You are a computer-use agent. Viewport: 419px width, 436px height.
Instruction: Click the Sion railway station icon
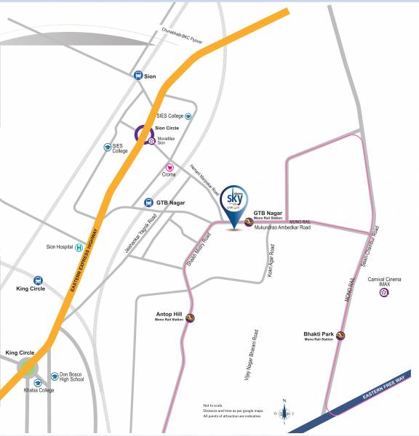(x=138, y=75)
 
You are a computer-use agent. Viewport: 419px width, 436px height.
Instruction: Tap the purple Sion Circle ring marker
(x=143, y=134)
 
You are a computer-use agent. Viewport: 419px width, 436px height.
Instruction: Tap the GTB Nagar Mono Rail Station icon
(x=249, y=222)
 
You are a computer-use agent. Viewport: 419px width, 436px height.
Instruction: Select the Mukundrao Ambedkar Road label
(x=282, y=227)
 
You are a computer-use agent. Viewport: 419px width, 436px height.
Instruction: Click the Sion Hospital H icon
(x=79, y=248)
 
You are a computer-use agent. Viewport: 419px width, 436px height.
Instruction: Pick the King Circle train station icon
(x=38, y=279)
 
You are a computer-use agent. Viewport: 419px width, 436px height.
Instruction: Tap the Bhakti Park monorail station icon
(x=340, y=335)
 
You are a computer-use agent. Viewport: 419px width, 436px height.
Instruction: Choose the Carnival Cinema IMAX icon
(x=383, y=292)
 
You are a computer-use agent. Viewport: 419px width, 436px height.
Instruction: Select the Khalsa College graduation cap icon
(x=37, y=382)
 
